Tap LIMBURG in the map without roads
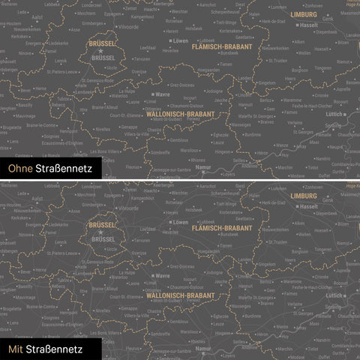tap(304, 14)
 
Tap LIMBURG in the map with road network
tap(304, 196)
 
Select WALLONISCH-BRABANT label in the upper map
tap(181, 113)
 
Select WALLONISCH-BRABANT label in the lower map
tap(181, 295)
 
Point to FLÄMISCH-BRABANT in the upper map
tap(221, 46)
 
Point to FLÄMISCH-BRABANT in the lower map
tap(221, 228)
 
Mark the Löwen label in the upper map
tap(180, 41)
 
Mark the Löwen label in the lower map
tap(180, 223)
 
